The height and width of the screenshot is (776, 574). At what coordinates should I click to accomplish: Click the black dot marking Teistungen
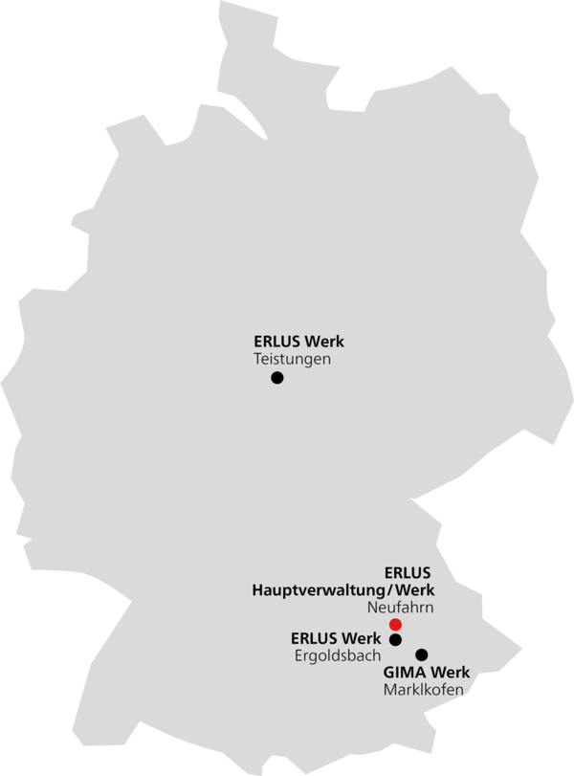277,378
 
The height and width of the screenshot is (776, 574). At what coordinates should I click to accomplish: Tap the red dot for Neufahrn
395,624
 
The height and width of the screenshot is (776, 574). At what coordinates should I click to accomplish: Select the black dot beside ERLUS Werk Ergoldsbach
395,639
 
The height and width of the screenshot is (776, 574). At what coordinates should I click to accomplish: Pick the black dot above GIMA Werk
422,654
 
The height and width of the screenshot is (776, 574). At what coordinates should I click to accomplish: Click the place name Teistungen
292,359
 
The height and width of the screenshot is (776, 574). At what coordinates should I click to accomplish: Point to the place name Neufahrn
400,608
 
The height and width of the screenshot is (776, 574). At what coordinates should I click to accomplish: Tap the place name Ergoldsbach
338,655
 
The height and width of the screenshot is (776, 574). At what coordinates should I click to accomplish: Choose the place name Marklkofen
424,689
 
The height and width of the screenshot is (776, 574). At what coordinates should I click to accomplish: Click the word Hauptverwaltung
319,590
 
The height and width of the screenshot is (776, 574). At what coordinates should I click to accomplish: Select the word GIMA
402,673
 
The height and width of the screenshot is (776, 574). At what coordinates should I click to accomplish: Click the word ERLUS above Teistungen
277,342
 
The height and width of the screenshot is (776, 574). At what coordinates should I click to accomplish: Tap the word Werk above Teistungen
324,342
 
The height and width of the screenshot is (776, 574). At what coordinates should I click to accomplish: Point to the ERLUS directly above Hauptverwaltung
408,573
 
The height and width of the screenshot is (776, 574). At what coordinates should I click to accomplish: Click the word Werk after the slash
415,590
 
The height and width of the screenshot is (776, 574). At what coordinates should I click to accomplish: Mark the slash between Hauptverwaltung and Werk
390,590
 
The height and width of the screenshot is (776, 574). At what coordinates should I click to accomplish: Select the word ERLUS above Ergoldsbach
314,638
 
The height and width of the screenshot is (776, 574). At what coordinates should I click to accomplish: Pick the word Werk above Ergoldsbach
362,638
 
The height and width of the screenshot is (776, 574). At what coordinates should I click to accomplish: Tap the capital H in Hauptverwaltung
257,590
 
